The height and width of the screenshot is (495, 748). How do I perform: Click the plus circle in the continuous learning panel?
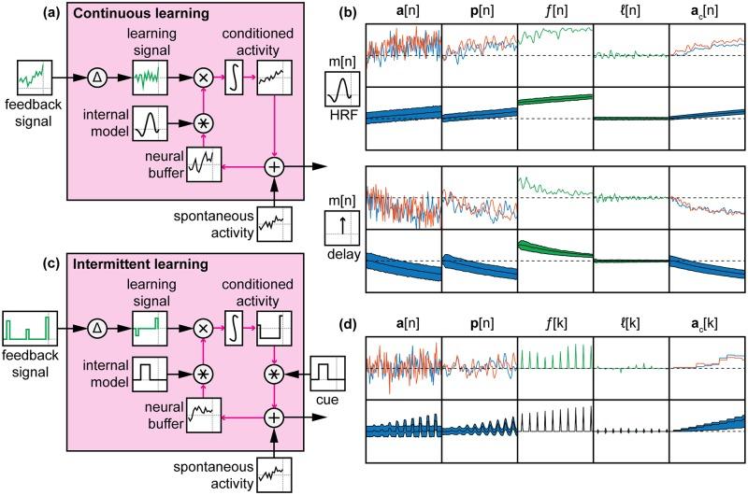[x=273, y=166]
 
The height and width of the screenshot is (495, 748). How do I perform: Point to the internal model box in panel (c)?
[x=151, y=373]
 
